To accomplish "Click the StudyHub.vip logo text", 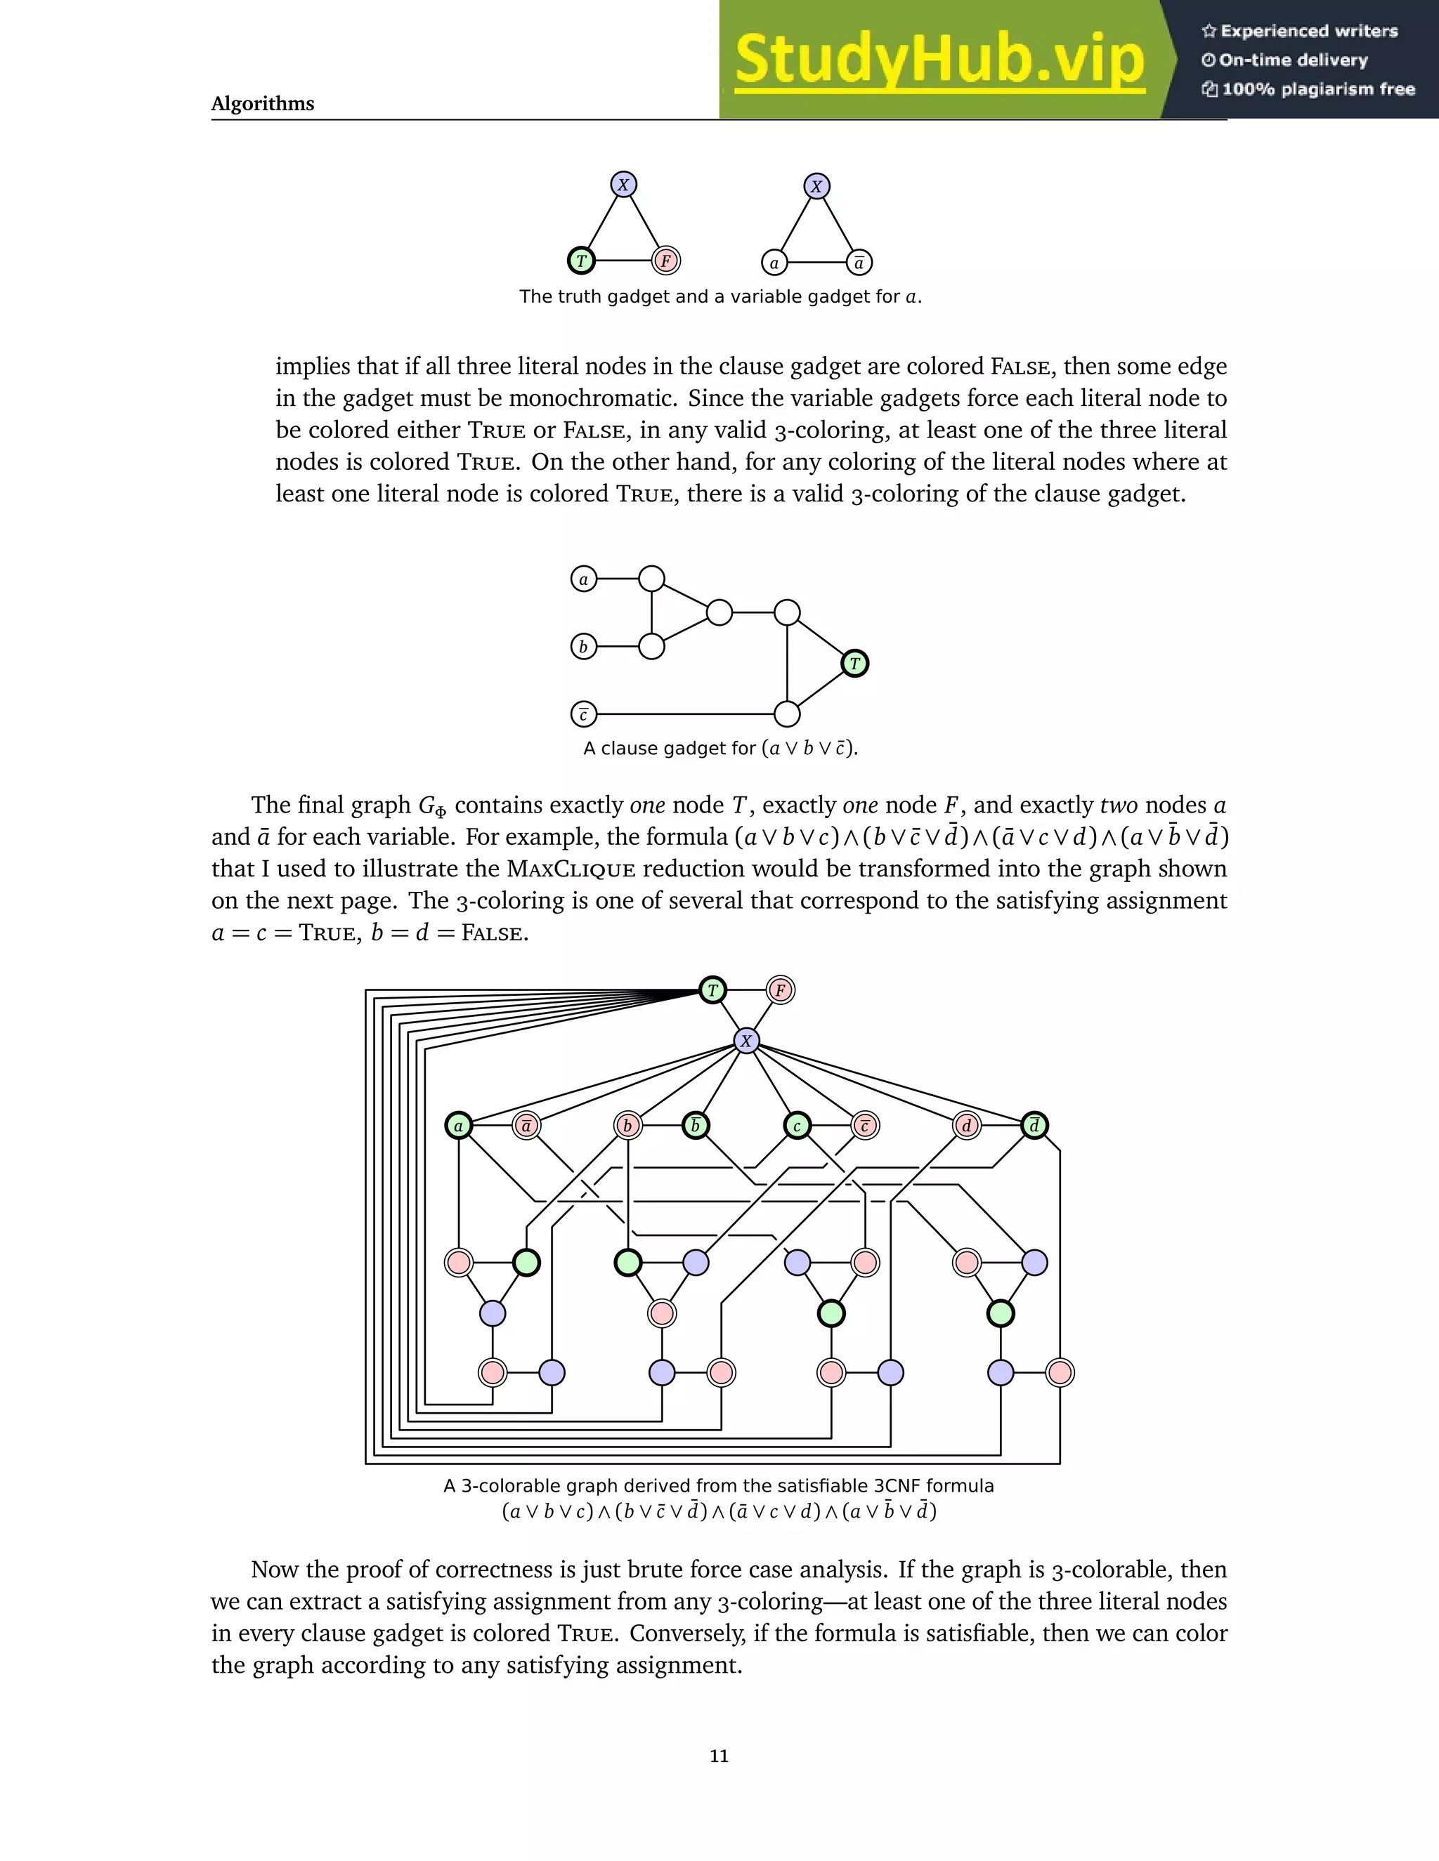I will click(x=939, y=60).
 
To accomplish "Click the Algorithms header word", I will click(x=263, y=103).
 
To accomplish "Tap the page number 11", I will click(x=719, y=1756).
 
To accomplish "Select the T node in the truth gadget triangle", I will click(x=581, y=261).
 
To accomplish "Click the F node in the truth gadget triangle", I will click(x=666, y=261).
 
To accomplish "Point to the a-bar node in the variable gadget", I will click(x=859, y=263).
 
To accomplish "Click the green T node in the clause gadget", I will click(x=855, y=663).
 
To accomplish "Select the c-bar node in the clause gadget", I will click(x=583, y=714).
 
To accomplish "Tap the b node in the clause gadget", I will click(x=583, y=647).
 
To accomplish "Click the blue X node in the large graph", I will click(x=747, y=1041).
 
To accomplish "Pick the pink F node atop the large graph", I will click(x=780, y=990).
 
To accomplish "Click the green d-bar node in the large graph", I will click(x=1034, y=1126).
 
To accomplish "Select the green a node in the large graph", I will click(x=459, y=1126).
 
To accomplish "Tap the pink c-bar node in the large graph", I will click(x=864, y=1126).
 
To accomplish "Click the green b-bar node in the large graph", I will click(x=696, y=1126).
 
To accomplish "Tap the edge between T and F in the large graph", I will click(x=746, y=990).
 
